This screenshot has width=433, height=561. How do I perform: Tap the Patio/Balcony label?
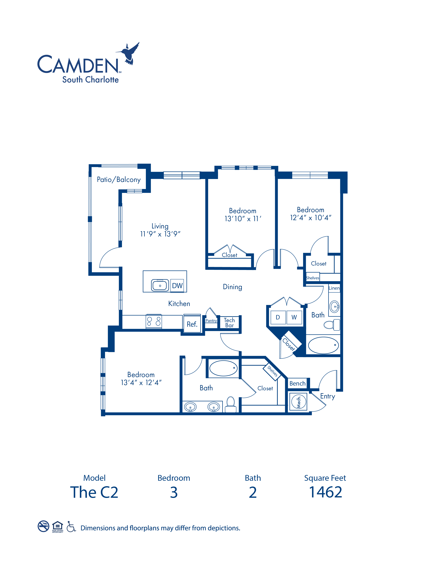coord(119,180)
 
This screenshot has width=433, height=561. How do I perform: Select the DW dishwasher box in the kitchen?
coord(177,286)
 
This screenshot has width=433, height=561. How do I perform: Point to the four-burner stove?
coord(154,321)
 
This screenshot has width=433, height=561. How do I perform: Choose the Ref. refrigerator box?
coord(192,324)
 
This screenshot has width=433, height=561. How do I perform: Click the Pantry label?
coord(211,321)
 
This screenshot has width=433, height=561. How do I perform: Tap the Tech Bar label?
coord(229,323)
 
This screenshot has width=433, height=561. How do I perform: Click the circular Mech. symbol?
coord(299,402)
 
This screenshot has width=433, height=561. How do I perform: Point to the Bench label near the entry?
coord(297,384)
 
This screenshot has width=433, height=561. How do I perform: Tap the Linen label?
coord(334,288)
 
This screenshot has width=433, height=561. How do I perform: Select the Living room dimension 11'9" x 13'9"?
coord(160,234)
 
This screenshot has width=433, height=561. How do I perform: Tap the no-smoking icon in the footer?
coord(43,526)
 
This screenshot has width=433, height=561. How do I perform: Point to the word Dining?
coord(232,287)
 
